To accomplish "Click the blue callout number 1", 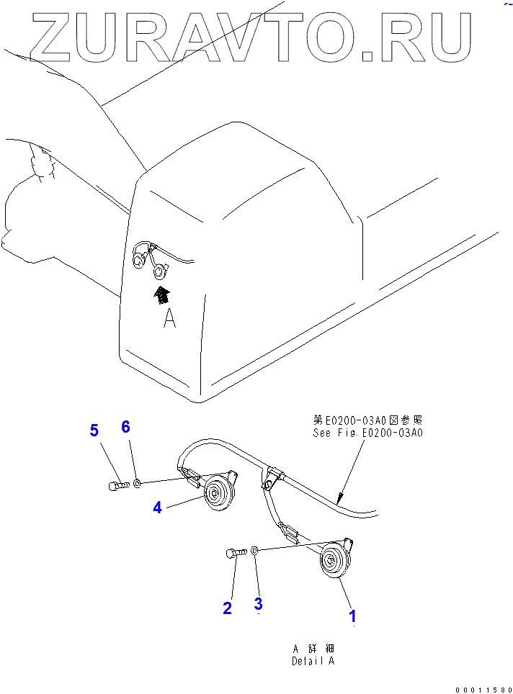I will pos(352,616).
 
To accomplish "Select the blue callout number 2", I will pos(227,608).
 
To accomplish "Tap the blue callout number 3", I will pos(258,604).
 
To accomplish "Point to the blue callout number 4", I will pos(157,508).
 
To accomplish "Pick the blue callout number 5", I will pos(94,431).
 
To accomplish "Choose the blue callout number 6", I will pos(125,427).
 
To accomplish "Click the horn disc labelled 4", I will pos(215,494).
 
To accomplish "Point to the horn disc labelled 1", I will pos(332,561).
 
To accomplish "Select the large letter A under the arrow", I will pos(169,317).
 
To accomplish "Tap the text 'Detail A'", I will pos(313,661).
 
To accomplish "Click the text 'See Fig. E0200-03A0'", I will pos(367,433).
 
